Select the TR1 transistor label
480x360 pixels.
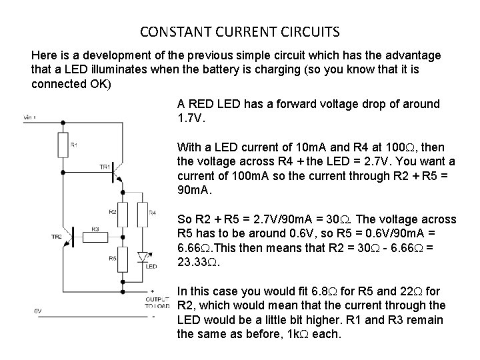(105, 167)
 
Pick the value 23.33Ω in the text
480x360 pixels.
(199, 262)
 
